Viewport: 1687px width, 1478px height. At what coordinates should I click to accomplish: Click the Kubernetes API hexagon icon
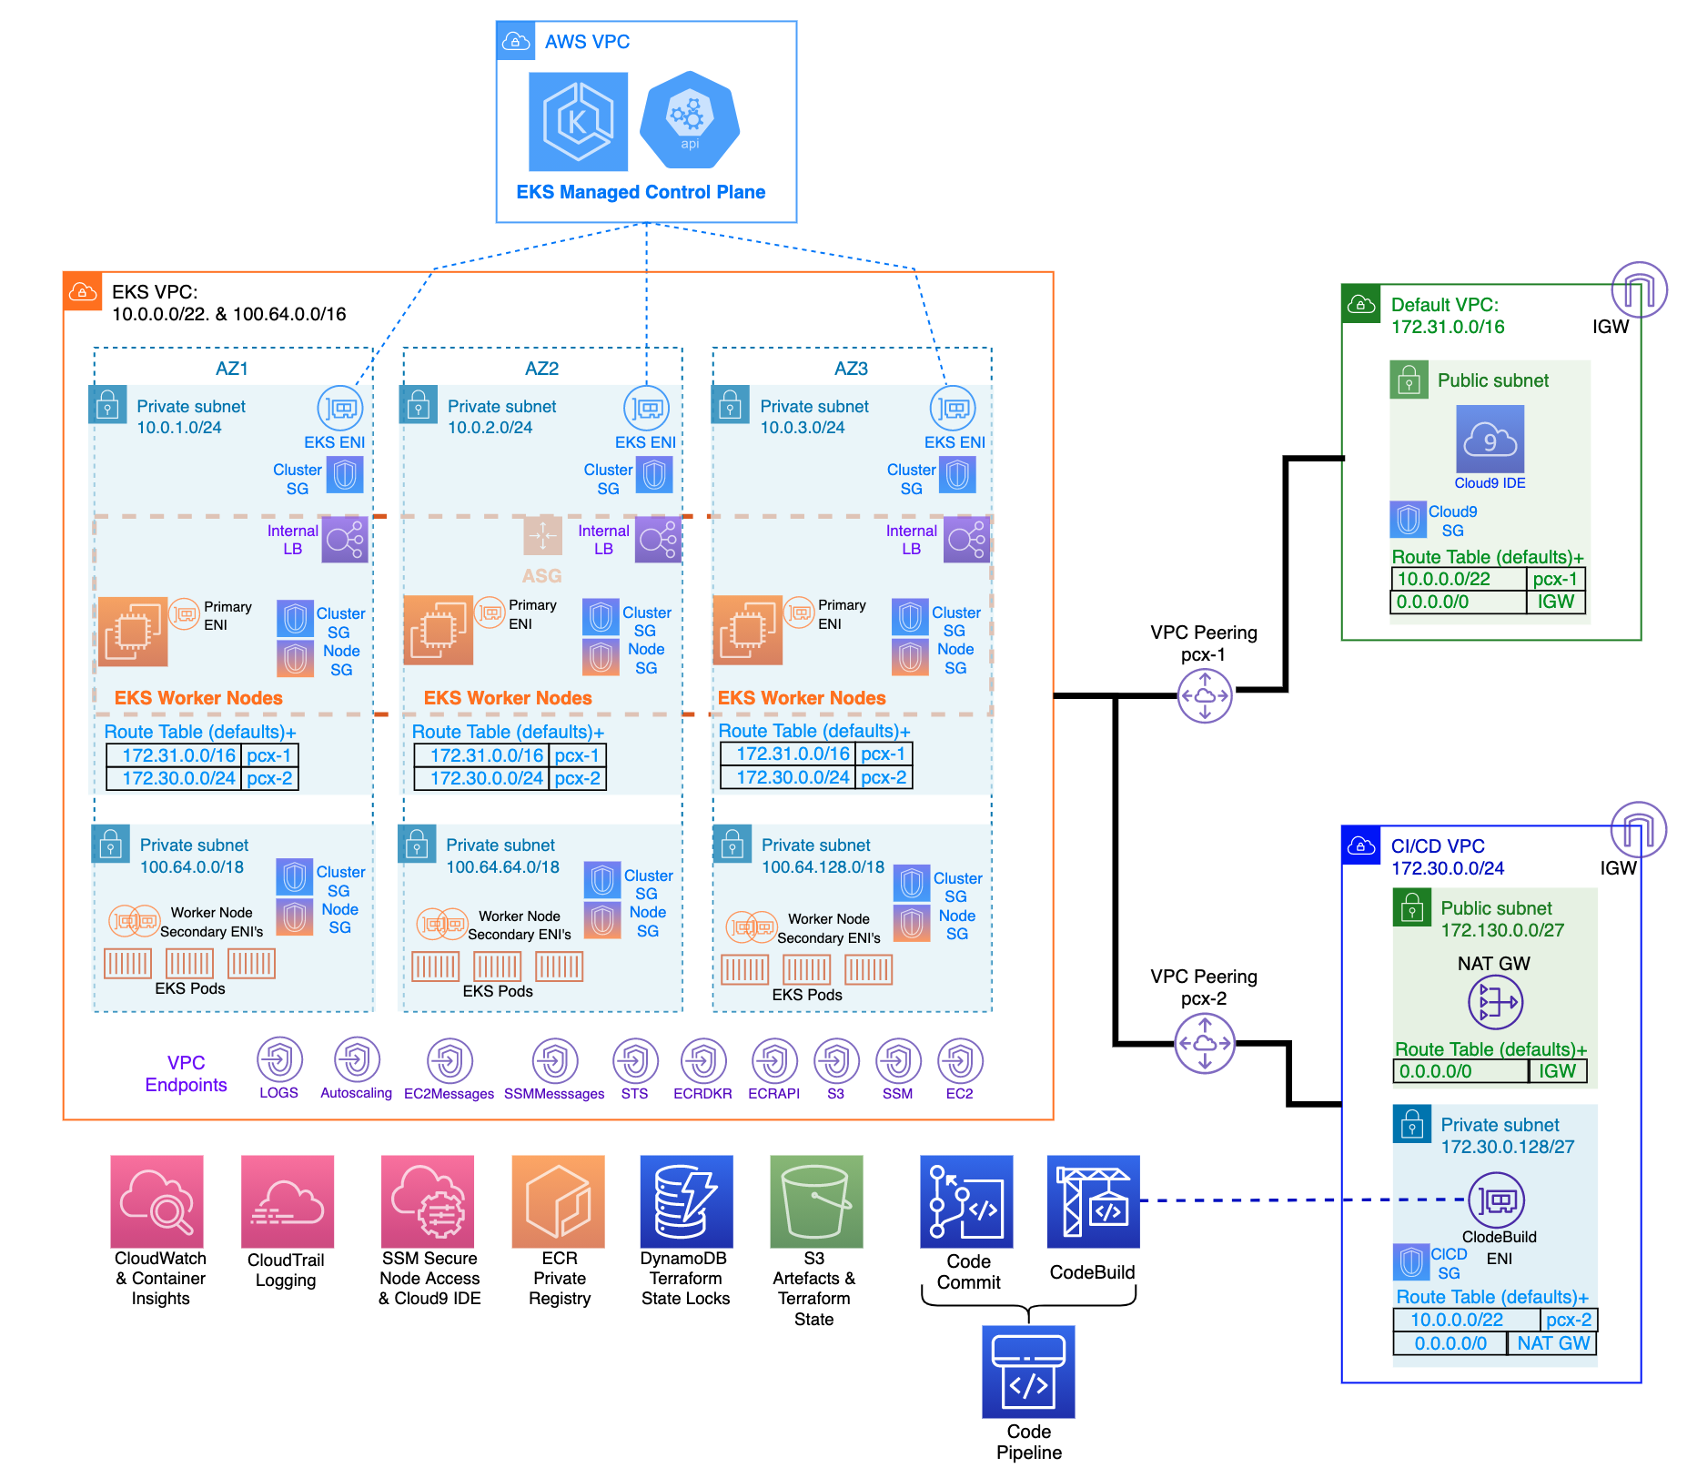coord(690,120)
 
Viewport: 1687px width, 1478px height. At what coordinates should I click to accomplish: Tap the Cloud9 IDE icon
coord(1490,440)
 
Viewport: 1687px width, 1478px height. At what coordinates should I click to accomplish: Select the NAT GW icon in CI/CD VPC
coord(1495,1002)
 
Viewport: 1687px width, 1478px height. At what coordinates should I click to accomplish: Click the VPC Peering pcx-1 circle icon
coord(1205,696)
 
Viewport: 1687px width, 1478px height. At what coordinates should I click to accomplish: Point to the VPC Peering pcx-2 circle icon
coord(1205,1044)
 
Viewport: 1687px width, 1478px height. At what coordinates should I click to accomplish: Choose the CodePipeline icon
coord(1028,1372)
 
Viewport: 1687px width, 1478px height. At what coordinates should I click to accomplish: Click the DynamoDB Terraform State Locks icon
coord(686,1201)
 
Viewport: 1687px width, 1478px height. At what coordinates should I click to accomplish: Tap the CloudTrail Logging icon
coord(288,1201)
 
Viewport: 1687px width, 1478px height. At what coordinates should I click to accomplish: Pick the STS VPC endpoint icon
coord(635,1061)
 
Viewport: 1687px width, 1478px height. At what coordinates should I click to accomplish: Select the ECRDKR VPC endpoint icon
coord(703,1061)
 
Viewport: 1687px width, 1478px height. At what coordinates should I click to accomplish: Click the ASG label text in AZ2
coord(541,576)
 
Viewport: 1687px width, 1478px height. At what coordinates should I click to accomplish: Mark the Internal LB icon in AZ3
coord(966,540)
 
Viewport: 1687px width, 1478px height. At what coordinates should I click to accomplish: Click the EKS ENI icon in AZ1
coord(340,409)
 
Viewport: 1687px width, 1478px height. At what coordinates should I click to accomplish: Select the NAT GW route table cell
coord(1552,1343)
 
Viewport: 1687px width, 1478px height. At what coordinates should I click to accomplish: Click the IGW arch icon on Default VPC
coord(1639,289)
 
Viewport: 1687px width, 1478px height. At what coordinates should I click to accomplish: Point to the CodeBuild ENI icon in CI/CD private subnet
coord(1496,1200)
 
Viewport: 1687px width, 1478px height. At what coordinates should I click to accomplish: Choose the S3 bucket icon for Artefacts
coord(816,1201)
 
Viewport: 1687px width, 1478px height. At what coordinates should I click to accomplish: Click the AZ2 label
coord(541,369)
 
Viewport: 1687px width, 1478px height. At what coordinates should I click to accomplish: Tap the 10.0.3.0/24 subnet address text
coord(803,428)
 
